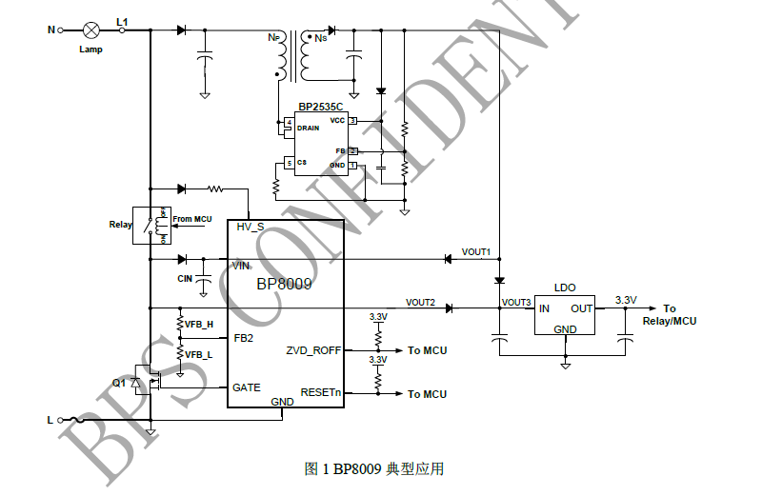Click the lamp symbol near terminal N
pyautogui.click(x=91, y=30)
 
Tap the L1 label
pyautogui.click(x=122, y=21)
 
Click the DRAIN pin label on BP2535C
pyautogui.click(x=309, y=128)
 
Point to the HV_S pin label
pyautogui.click(x=251, y=227)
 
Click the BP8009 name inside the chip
pyautogui.click(x=284, y=283)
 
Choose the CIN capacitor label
pyautogui.click(x=185, y=278)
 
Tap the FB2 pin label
pyautogui.click(x=243, y=337)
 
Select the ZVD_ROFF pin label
pyautogui.click(x=313, y=350)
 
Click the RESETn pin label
pyautogui.click(x=320, y=392)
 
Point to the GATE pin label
pyautogui.click(x=246, y=387)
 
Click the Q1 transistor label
pyautogui.click(x=118, y=383)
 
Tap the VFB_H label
pyautogui.click(x=198, y=325)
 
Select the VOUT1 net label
pyautogui.click(x=476, y=252)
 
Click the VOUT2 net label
pyautogui.click(x=420, y=303)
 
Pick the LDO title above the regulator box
pyautogui.click(x=565, y=287)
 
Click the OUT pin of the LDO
pyautogui.click(x=581, y=308)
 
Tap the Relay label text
pyautogui.click(x=121, y=226)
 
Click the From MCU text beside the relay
pyautogui.click(x=192, y=220)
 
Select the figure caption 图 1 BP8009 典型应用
pyautogui.click(x=373, y=468)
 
